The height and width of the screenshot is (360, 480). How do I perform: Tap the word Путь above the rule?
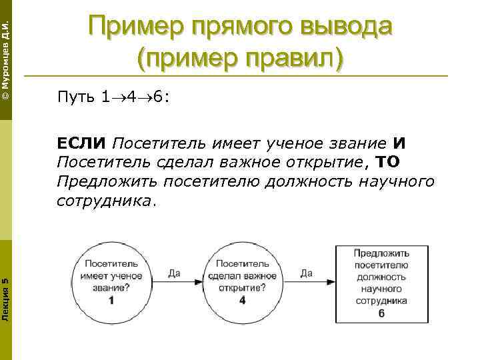point(76,99)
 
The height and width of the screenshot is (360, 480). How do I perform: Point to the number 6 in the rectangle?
point(381,313)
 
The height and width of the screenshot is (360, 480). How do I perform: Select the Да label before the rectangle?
point(307,273)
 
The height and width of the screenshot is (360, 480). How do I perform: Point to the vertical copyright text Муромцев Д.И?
point(5,57)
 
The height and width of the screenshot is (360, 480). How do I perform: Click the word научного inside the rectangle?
point(381,289)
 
